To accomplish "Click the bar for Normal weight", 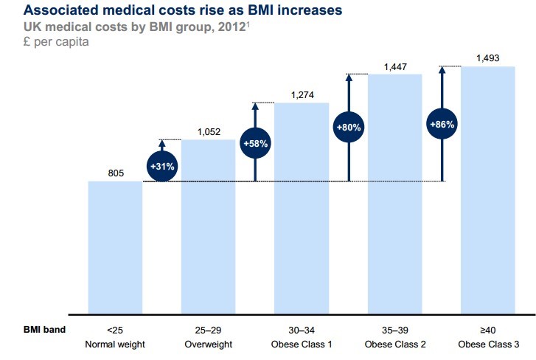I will click(x=115, y=247).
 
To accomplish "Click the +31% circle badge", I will click(x=162, y=166).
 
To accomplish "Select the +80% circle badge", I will click(x=348, y=126).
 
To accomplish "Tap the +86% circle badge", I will click(x=442, y=125).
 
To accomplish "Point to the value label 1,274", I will click(x=302, y=95).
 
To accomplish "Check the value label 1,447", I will click(x=395, y=67).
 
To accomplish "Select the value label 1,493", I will click(x=488, y=59).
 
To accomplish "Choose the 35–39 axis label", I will click(x=394, y=330).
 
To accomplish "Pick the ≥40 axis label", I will click(x=488, y=330).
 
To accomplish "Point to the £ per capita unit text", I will click(x=45, y=42).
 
